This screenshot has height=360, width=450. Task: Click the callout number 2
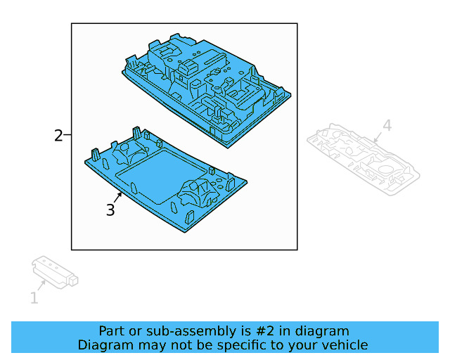[x=58, y=136]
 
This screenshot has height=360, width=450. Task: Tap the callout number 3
[x=110, y=210]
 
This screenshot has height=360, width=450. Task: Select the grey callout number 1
[x=34, y=299]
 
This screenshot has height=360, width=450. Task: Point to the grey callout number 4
[x=386, y=126]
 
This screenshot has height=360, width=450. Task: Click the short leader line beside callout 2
[x=67, y=136]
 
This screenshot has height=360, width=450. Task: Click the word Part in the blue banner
[x=112, y=331]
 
